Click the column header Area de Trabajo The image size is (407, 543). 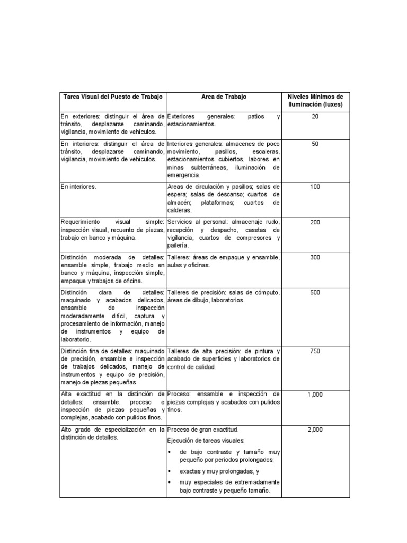coord(224,97)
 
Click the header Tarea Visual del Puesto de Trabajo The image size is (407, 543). coord(112,97)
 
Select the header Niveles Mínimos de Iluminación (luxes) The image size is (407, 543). coord(315,101)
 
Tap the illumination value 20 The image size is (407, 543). coord(315,116)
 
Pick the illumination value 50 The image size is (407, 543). coord(315,144)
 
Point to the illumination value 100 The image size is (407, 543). coord(315,187)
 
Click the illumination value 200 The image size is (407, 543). coord(315,222)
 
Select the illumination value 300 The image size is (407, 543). coord(315,258)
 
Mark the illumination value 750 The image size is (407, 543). coord(315,351)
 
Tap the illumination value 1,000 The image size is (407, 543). coord(315,395)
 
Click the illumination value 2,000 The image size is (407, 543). coord(315,430)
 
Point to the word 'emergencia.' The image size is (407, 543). coord(183,174)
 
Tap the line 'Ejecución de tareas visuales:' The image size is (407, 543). coord(206,440)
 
